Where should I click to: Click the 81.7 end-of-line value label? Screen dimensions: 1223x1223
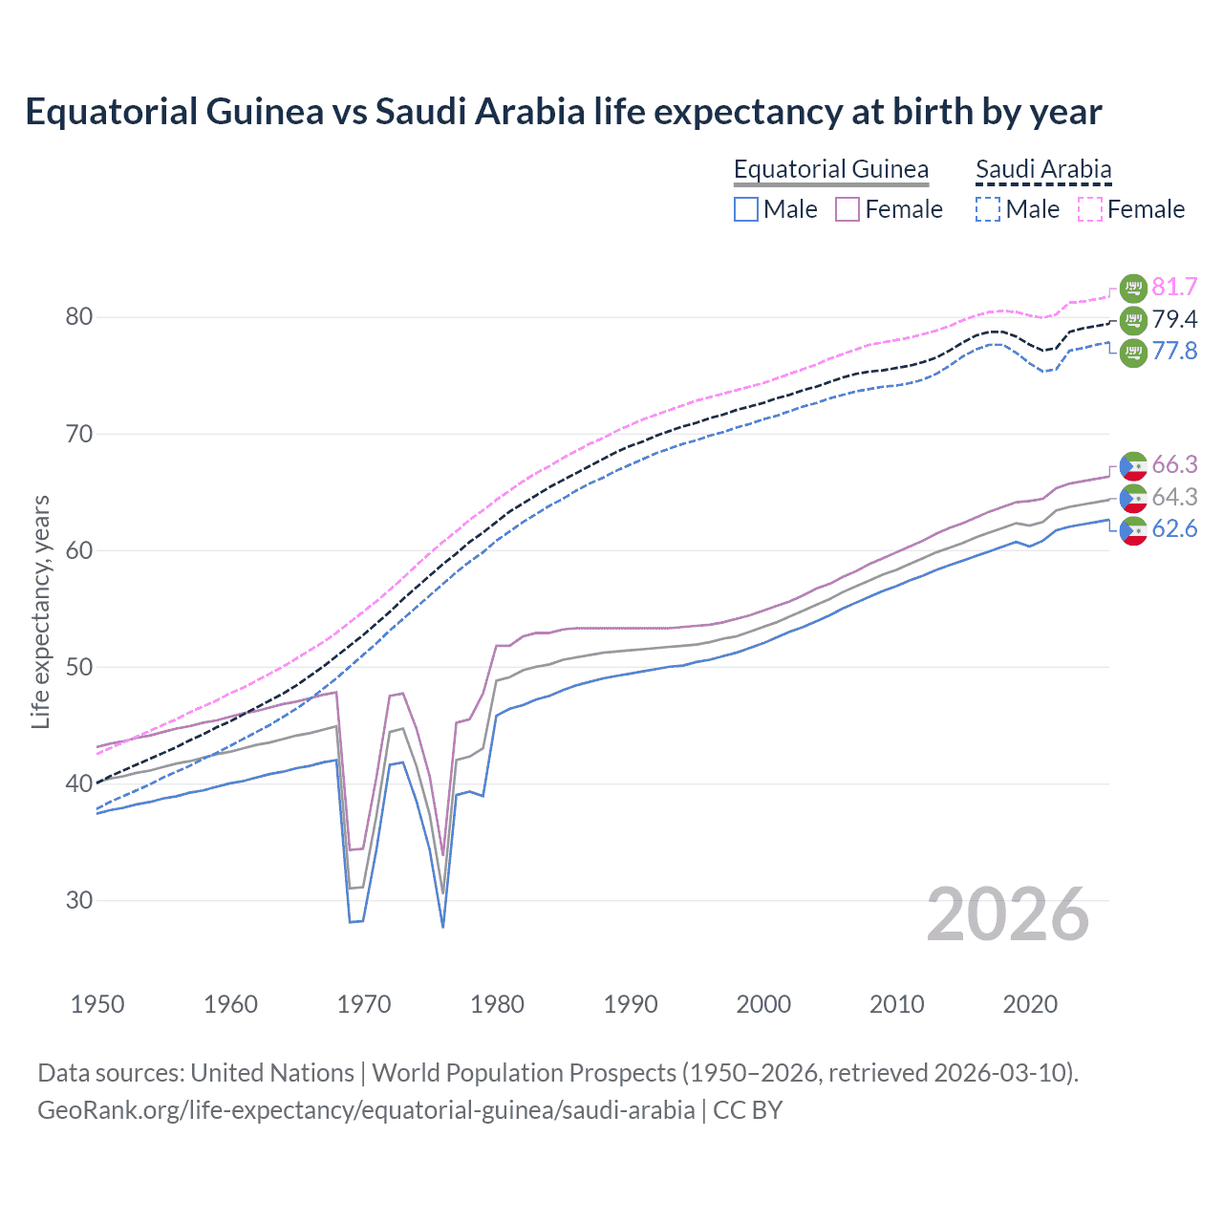1174,287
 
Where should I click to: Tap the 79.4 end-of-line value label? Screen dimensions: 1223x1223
1174,319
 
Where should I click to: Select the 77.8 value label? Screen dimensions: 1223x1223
1174,351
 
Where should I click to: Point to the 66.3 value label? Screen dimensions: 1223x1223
1174,465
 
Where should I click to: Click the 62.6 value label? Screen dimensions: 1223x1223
1174,529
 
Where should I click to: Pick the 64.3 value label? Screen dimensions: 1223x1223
1174,497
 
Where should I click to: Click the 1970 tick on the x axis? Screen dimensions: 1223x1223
364,1004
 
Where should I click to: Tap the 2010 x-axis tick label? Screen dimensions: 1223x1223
896,1004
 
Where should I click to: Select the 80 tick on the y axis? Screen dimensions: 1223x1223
78,317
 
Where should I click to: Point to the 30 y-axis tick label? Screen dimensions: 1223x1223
78,900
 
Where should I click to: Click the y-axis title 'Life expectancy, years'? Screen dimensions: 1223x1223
40,612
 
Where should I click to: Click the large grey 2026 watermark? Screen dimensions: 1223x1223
1007,914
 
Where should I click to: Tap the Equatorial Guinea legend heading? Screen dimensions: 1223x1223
830,169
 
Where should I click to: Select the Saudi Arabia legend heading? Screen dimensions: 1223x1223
1043,169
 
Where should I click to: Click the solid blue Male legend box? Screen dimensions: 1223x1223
746,209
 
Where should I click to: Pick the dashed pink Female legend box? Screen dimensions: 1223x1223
1090,209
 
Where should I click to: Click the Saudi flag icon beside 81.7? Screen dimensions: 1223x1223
1133,288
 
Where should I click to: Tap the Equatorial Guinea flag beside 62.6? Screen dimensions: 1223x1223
1133,530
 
